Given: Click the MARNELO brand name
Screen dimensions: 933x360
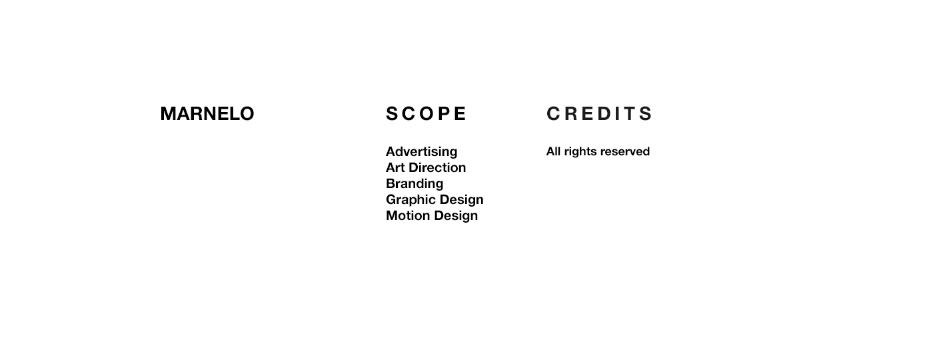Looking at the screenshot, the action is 207,114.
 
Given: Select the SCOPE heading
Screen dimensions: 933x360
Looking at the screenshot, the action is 426,114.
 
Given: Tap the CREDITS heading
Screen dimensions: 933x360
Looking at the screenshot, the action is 599,114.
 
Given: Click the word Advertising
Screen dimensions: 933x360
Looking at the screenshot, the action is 421,152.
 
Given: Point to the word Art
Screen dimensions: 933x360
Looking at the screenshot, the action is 395,167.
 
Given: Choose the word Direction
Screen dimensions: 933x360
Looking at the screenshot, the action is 437,167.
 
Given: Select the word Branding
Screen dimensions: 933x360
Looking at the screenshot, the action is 415,184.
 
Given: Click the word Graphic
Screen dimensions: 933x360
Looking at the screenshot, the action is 411,199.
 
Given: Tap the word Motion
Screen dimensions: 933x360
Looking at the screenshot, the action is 409,215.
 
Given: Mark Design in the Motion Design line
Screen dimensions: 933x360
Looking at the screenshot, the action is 457,216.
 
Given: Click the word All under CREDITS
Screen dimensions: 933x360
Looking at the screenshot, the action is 553,151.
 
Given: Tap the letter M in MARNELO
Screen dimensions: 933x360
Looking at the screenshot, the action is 168,114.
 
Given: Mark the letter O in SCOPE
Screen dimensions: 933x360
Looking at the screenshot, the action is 426,114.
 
